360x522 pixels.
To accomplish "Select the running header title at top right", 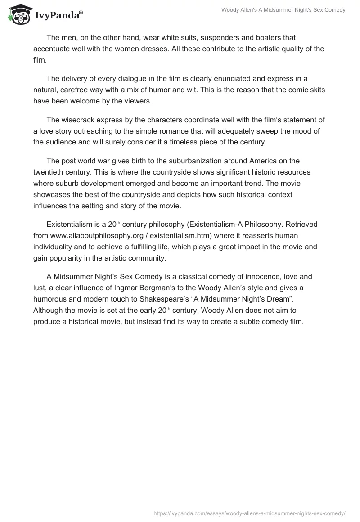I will pyautogui.click(x=283, y=10).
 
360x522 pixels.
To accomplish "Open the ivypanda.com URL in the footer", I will pyautogui.click(x=249, y=513).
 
